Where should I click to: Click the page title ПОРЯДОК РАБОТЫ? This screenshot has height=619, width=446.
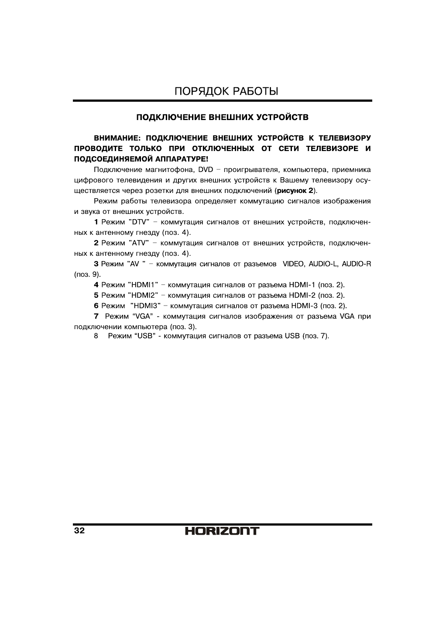226,91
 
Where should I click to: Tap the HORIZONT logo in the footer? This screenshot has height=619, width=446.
222,531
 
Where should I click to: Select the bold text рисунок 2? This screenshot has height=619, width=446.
295,191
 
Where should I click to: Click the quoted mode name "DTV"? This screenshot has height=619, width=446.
138,222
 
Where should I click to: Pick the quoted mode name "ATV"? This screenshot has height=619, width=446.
138,243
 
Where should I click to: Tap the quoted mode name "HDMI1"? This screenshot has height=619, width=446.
143,285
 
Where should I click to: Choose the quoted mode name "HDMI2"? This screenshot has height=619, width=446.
143,296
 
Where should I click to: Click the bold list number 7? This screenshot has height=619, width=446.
96,316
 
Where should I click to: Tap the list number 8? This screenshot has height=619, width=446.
96,336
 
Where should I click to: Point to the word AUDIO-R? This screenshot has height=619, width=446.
356,264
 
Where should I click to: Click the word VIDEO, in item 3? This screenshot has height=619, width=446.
294,264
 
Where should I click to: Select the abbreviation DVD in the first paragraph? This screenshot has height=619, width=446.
205,169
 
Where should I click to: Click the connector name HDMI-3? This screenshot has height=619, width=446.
303,306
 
